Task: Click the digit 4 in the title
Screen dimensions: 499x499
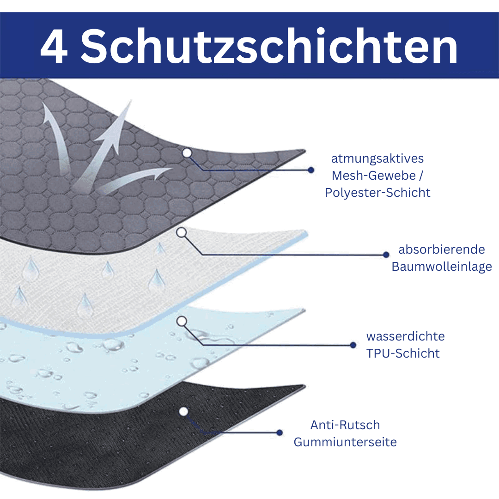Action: click(x=54, y=47)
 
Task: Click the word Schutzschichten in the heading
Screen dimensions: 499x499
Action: click(x=269, y=46)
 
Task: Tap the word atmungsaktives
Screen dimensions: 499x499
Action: click(x=377, y=158)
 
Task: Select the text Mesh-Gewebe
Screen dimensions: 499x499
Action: click(x=374, y=176)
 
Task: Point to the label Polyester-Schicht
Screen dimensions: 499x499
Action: click(x=377, y=192)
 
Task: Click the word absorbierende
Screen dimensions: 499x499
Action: click(x=442, y=249)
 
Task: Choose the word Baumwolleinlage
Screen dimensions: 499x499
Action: click(x=442, y=267)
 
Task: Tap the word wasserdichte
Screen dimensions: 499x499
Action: click(x=406, y=336)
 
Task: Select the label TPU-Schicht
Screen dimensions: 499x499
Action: click(x=403, y=353)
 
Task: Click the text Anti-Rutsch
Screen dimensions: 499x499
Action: click(x=345, y=425)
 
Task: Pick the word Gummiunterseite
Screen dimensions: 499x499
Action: click(x=345, y=442)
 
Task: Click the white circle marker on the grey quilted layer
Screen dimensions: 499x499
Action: click(x=187, y=153)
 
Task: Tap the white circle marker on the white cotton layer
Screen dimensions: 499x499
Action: click(x=182, y=233)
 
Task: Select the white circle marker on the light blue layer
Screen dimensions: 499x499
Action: click(x=182, y=322)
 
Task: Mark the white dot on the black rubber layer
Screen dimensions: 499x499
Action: click(x=183, y=412)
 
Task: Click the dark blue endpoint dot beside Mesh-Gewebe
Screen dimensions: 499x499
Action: click(x=311, y=170)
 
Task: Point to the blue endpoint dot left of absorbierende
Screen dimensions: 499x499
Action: click(x=386, y=255)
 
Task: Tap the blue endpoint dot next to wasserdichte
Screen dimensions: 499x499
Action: click(x=353, y=345)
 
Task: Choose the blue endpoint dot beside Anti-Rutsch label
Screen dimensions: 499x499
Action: click(x=280, y=432)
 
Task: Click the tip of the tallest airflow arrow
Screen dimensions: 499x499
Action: click(x=131, y=100)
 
